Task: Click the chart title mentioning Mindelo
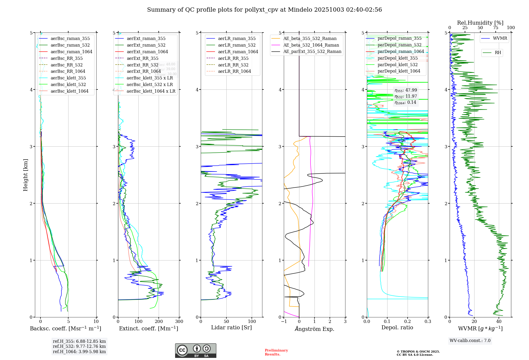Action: click(x=264, y=10)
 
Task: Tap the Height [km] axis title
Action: click(x=25, y=175)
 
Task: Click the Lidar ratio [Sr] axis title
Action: click(x=231, y=327)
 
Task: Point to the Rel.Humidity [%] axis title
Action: click(x=480, y=23)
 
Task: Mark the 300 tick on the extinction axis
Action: click(x=179, y=322)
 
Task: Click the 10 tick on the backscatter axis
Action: click(x=96, y=322)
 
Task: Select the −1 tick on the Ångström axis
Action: click(x=284, y=322)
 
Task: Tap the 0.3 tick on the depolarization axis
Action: click(x=428, y=322)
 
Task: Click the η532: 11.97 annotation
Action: click(x=406, y=96)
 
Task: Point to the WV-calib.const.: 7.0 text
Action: click(x=470, y=341)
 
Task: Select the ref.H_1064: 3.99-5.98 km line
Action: click(x=79, y=352)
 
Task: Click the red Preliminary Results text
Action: click(x=276, y=352)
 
